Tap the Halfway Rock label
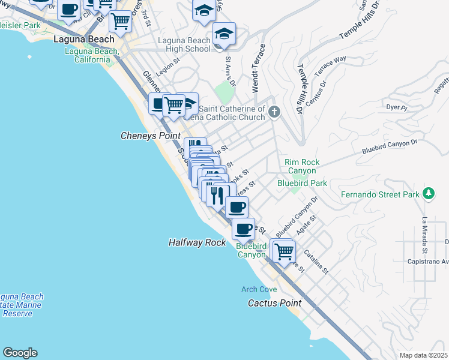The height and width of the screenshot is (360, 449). click(x=197, y=242)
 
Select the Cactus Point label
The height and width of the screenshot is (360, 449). click(x=275, y=303)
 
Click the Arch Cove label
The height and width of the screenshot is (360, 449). click(x=259, y=289)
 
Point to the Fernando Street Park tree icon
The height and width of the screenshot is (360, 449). click(x=428, y=193)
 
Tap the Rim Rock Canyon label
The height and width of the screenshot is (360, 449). click(x=302, y=166)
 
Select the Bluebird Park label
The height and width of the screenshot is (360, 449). click(x=302, y=182)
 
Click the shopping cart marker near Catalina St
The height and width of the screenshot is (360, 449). click(x=284, y=251)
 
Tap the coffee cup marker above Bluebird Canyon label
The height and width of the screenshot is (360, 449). click(x=243, y=229)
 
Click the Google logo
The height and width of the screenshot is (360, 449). click(x=19, y=353)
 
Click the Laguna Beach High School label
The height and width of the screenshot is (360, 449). click(x=184, y=44)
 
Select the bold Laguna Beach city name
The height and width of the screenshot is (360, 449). click(x=83, y=39)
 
